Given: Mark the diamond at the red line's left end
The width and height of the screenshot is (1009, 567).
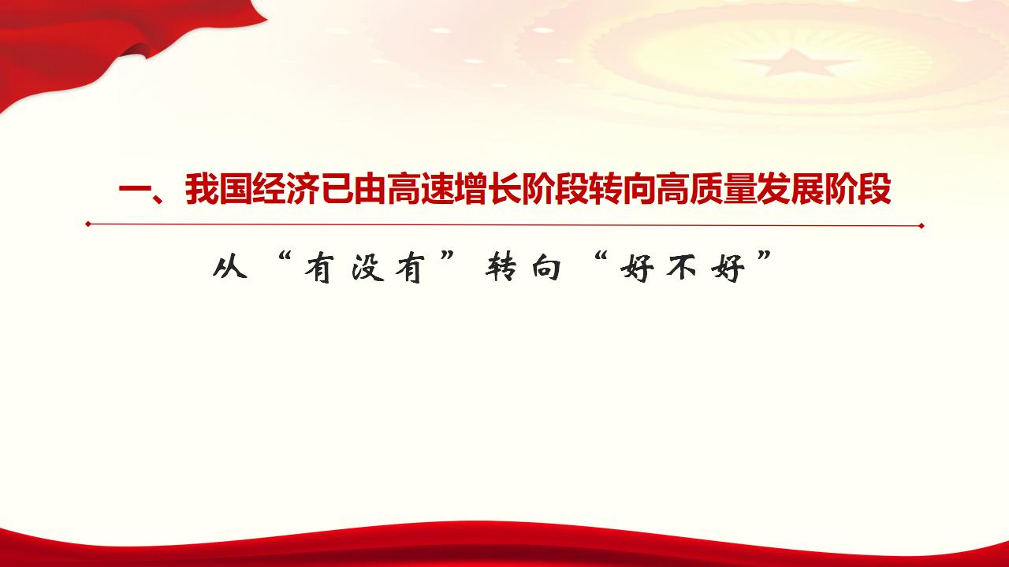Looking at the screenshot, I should [x=88, y=224].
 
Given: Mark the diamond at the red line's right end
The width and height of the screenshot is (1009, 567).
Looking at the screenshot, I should [x=922, y=226].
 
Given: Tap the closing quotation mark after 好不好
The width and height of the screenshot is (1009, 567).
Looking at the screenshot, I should [x=762, y=261].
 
